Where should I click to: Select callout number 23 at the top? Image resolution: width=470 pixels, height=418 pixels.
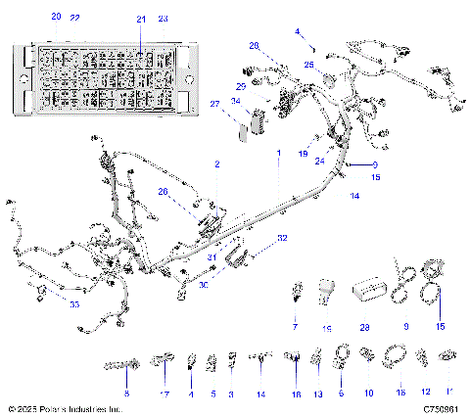(x=163, y=19)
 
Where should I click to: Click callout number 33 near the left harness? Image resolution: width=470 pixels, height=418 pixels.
(x=46, y=304)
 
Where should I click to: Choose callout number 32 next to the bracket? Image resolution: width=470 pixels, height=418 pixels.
(x=282, y=238)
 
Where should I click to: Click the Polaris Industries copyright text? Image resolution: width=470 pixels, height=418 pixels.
(x=64, y=408)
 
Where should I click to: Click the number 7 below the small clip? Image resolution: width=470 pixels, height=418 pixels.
(x=293, y=322)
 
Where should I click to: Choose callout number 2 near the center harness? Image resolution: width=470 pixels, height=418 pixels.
(x=216, y=166)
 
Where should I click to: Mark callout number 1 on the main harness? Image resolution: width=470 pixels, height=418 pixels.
(x=278, y=154)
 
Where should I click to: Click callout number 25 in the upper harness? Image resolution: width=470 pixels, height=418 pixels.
(x=309, y=65)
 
